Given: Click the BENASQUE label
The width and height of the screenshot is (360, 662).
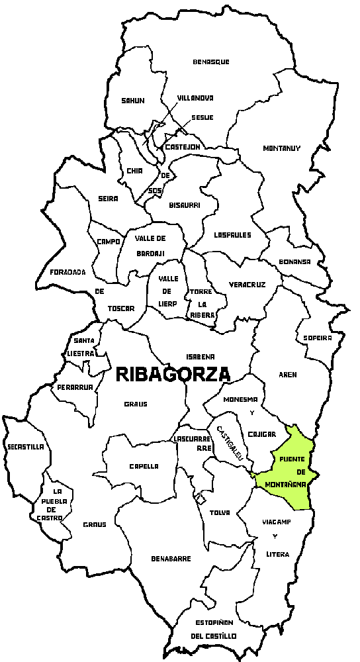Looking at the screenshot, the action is click(x=211, y=62).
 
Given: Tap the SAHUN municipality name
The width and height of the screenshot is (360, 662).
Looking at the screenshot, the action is click(x=132, y=101).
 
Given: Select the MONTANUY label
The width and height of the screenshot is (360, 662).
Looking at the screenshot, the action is click(x=281, y=148).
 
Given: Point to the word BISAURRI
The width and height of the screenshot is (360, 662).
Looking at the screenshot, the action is click(x=185, y=205).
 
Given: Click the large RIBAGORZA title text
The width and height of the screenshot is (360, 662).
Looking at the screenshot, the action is click(x=173, y=374).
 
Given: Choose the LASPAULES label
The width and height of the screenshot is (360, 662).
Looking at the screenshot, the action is click(x=233, y=234).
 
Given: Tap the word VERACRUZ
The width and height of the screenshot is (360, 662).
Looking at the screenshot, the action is click(x=247, y=284).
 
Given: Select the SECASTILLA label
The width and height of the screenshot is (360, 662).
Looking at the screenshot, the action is click(x=26, y=447).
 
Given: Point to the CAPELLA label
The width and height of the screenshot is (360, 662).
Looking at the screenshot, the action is click(x=144, y=466).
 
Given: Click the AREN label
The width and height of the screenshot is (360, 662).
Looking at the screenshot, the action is click(x=288, y=375).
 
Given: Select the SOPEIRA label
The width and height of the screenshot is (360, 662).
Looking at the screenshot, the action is click(x=317, y=338).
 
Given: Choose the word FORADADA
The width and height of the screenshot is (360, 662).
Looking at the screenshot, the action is click(x=68, y=272).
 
